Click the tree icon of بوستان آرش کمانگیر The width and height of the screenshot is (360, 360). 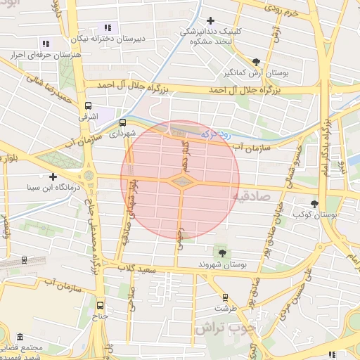(x=256, y=61)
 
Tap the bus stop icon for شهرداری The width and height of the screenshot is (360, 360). (x=124, y=122)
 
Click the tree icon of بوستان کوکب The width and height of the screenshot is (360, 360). (x=314, y=204)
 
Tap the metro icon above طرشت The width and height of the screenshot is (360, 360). (x=225, y=297)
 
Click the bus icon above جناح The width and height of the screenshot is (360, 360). (x=100, y=305)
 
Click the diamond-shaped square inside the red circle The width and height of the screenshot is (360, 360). (x=182, y=182)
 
